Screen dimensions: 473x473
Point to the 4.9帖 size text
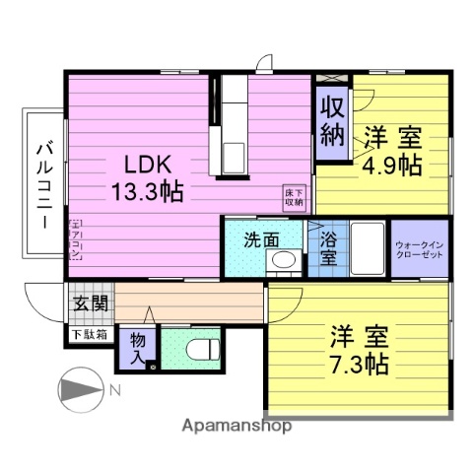pyautogui.click(x=390, y=164)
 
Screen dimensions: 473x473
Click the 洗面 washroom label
pyautogui.click(x=261, y=238)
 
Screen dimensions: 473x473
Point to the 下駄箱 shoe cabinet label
pyautogui.click(x=90, y=335)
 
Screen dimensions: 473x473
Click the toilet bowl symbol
pyautogui.click(x=200, y=351)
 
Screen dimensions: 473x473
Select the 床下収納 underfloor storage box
pyautogui.click(x=294, y=195)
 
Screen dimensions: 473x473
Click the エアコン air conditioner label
pyautogui.click(x=75, y=239)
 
